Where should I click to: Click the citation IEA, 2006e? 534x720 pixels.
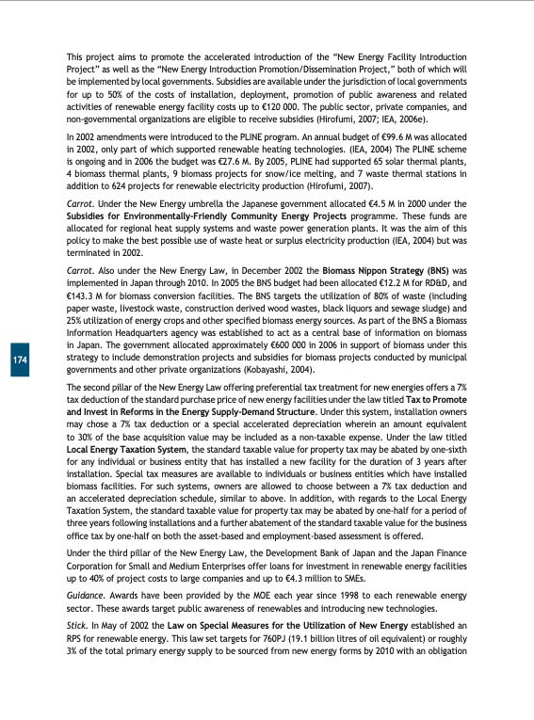[x=399, y=120]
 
